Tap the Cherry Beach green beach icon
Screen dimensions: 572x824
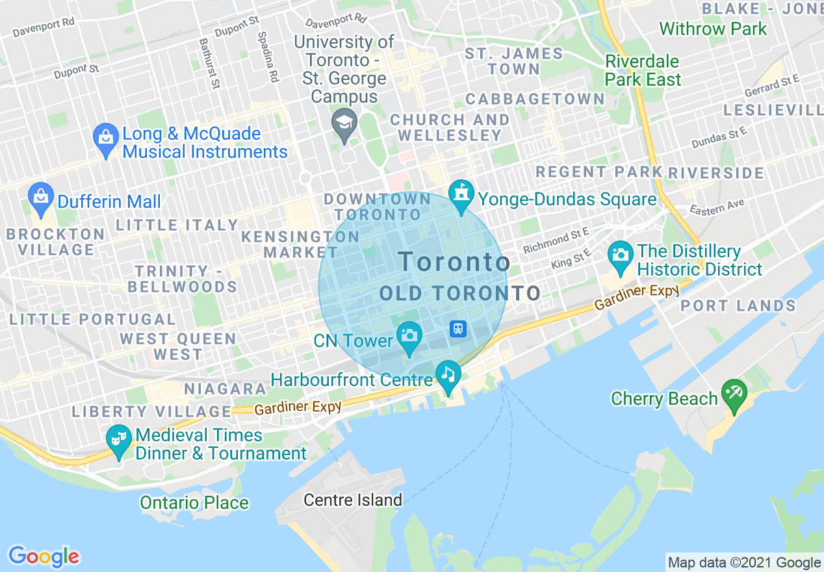(734, 395)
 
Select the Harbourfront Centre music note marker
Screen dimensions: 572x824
(448, 375)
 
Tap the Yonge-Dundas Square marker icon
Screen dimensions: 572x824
(461, 194)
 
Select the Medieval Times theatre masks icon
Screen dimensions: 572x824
(119, 439)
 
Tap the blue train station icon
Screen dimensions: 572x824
(458, 328)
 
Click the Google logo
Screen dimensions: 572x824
(44, 556)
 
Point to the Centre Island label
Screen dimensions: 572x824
(354, 500)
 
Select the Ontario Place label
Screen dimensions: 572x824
(194, 502)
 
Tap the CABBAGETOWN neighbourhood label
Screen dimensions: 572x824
(535, 99)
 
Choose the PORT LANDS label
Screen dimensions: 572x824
(738, 305)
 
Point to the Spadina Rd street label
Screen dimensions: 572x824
(268, 57)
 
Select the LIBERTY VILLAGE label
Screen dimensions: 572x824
(151, 411)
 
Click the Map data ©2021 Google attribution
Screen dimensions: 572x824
(744, 563)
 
